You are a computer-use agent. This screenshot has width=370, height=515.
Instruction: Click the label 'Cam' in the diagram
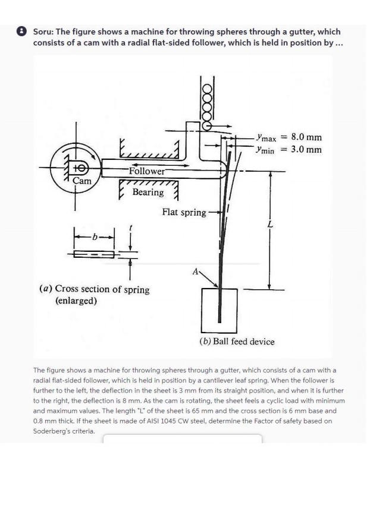tap(81, 181)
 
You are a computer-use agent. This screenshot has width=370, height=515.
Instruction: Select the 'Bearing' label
tap(148, 192)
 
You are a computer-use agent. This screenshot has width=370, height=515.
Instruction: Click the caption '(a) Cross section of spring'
tap(94, 289)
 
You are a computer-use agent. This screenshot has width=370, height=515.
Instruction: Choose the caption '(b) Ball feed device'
tap(237, 341)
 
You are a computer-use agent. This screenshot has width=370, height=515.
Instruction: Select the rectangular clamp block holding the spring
tap(220, 309)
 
